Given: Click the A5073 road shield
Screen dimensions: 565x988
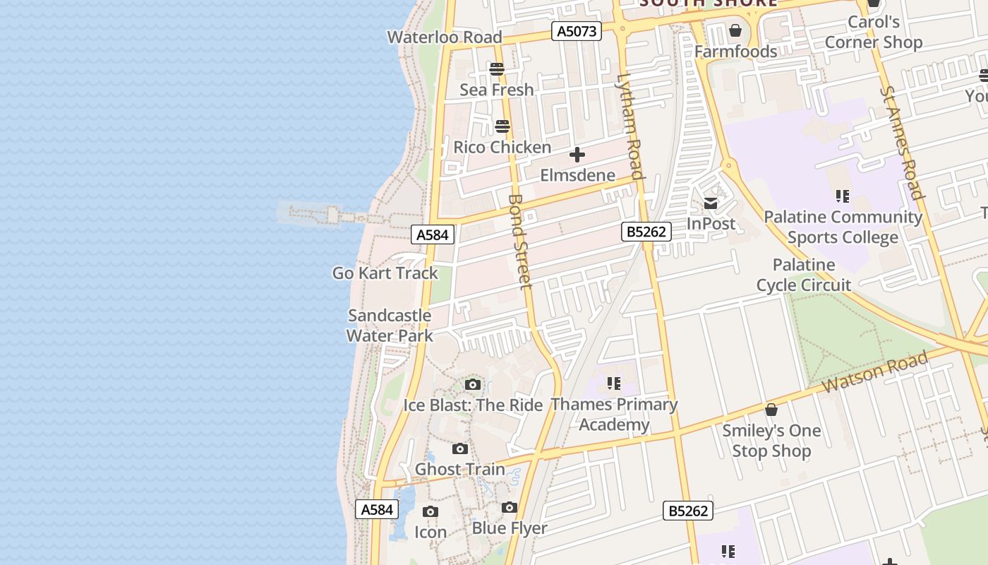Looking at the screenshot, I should [576, 31].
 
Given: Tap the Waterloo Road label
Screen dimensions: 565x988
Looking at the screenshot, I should [445, 37].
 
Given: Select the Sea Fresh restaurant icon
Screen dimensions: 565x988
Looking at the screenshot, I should [497, 69].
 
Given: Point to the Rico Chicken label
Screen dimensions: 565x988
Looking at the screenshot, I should [502, 148].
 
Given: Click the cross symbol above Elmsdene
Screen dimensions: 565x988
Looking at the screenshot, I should [577, 155].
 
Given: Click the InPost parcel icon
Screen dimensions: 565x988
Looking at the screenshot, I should [711, 203].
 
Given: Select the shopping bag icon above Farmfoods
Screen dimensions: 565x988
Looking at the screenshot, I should [735, 30].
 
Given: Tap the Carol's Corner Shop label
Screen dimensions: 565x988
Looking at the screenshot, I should [874, 32].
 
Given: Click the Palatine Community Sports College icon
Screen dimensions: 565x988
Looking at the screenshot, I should [842, 196].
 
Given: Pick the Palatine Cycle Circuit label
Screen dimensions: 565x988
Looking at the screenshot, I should [804, 275].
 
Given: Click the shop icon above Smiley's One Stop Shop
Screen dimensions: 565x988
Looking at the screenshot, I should [771, 410].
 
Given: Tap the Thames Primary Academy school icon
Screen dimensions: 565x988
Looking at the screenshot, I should [614, 383].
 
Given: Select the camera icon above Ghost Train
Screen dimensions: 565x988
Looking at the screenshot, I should [460, 448].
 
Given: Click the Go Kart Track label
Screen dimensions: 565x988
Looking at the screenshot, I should [385, 273].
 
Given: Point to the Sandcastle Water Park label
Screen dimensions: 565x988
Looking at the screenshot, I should [390, 325].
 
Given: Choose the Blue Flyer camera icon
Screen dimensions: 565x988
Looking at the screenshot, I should [510, 507].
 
